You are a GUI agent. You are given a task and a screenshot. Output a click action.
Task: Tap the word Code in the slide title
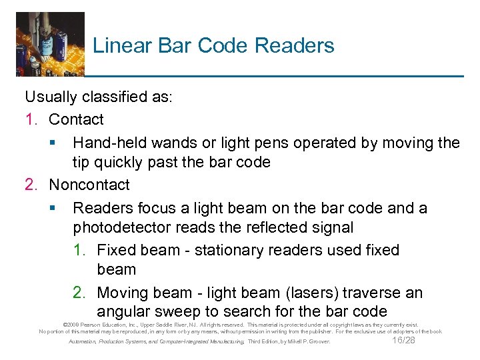[x=223, y=45]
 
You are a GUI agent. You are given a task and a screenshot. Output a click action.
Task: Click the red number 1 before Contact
[x=29, y=120]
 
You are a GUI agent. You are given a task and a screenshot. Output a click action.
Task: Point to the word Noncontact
[x=89, y=185]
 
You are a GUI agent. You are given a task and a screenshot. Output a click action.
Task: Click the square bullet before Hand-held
[x=52, y=143]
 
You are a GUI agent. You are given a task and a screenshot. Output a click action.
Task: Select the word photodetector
[x=122, y=227]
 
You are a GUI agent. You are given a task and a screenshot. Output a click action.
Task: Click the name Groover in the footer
[x=317, y=342]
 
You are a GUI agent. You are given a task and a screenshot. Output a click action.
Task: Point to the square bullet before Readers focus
[x=52, y=209]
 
